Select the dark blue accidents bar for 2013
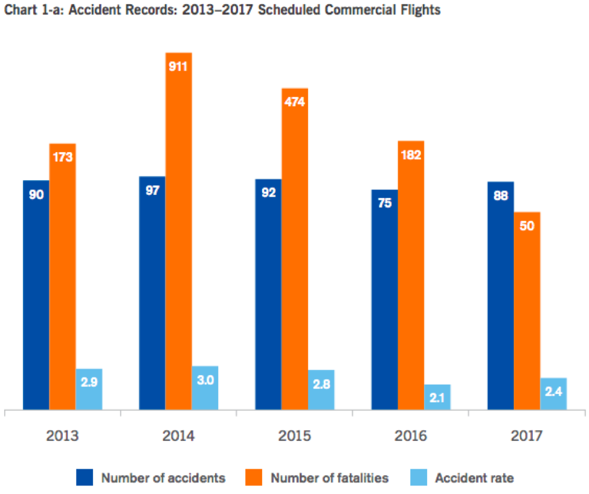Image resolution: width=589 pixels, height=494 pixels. [x=36, y=296]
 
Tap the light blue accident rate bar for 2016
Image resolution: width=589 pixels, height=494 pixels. [x=437, y=397]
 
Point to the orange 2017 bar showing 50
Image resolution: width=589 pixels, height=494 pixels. [x=527, y=311]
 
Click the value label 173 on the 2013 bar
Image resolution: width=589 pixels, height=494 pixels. [x=62, y=157]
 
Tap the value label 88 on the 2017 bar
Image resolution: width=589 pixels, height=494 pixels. [x=500, y=196]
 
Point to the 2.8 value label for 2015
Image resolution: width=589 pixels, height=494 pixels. [x=321, y=384]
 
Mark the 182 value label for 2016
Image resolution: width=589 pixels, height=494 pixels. [x=411, y=154]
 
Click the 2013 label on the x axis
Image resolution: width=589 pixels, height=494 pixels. [x=62, y=435]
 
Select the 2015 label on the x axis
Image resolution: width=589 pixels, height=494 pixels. [x=294, y=435]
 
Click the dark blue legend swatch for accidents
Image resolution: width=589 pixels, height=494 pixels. [x=84, y=478]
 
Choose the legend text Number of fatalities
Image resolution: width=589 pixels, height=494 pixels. [x=330, y=478]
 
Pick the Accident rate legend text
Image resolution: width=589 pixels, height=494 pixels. [x=474, y=478]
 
